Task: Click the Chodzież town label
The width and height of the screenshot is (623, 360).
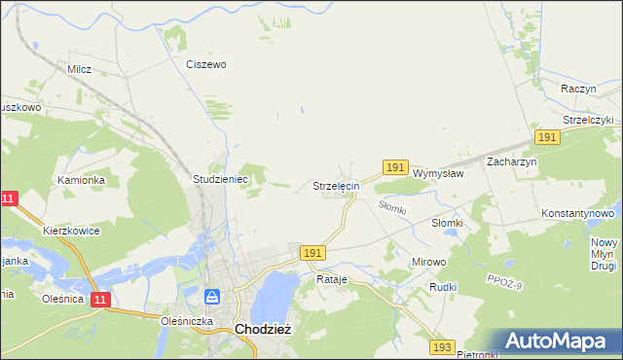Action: [x=260, y=329]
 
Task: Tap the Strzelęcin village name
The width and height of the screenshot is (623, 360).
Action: [x=337, y=185]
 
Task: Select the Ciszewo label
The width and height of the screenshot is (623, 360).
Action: [x=206, y=64]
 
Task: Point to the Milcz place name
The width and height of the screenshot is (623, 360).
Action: [x=79, y=69]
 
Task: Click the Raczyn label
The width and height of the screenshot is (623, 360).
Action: [x=578, y=88]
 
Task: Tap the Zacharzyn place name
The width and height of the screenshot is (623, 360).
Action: [x=512, y=162]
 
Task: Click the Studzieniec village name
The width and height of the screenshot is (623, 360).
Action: [x=221, y=180]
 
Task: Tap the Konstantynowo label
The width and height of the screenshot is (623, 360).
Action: [x=578, y=212]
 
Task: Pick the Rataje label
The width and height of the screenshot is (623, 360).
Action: [x=332, y=279]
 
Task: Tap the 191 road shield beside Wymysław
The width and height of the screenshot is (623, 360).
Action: [x=394, y=168]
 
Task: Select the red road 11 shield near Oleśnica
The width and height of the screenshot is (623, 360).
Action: [x=101, y=301]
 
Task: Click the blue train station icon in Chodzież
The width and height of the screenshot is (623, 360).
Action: [x=213, y=296]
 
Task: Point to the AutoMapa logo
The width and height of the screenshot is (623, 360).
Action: [x=557, y=341]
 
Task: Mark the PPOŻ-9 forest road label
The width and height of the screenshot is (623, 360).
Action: [x=505, y=282]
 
